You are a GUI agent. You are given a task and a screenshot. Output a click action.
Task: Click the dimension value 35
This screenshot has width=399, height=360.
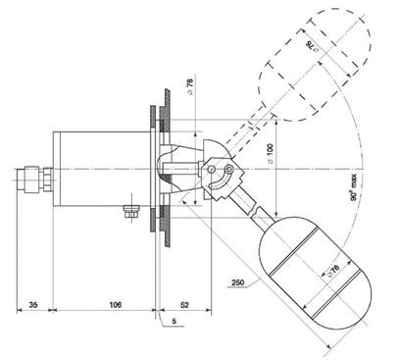pyautogui.click(x=33, y=305)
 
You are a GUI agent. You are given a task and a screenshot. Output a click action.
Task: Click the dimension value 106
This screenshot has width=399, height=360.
pyautogui.click(x=115, y=305)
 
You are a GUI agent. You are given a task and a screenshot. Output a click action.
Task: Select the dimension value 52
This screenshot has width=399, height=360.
pyautogui.click(x=184, y=305)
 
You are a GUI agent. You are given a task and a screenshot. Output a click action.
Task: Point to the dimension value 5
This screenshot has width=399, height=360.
pyautogui.click(x=175, y=321)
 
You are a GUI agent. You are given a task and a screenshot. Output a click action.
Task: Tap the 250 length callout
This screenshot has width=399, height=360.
pyautogui.click(x=237, y=283)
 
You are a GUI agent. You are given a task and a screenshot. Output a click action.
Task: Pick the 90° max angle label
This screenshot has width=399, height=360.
pyautogui.click(x=354, y=187)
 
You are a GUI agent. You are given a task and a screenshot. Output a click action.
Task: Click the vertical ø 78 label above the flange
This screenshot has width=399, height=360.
pyautogui.click(x=190, y=86)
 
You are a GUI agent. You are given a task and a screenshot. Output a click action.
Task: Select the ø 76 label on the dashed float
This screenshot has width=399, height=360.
pyautogui.click(x=313, y=47)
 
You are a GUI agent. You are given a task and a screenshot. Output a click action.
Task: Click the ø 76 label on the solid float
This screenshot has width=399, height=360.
pyautogui.click(x=332, y=272)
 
